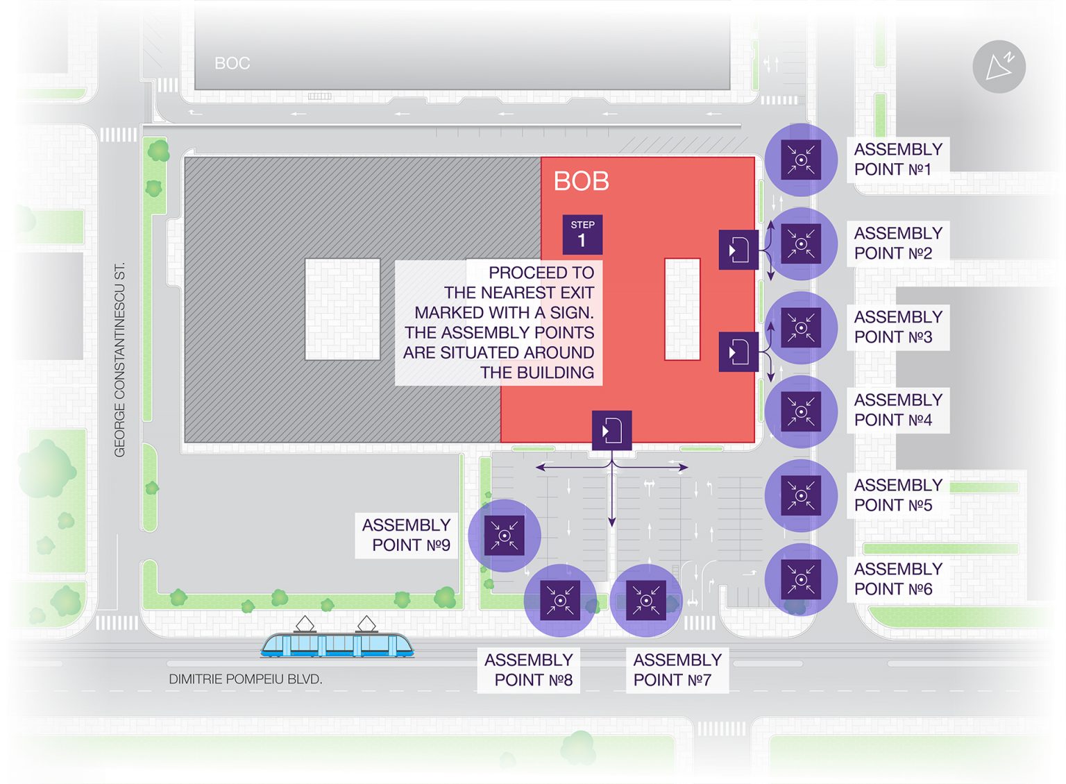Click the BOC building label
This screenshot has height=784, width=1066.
(x=232, y=63)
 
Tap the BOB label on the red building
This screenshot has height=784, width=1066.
(x=581, y=181)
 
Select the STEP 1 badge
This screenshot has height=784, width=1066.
(x=582, y=235)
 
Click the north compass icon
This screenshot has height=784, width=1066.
(x=999, y=67)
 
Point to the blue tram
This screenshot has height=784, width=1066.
(x=337, y=638)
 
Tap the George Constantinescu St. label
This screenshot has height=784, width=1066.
(x=119, y=359)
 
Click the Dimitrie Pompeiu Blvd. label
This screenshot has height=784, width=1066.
(x=246, y=679)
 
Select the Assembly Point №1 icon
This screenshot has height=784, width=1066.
(x=801, y=160)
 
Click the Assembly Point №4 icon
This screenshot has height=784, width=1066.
(x=801, y=411)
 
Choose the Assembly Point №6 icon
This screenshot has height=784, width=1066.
(x=801, y=579)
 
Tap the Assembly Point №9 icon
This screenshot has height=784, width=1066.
(x=505, y=536)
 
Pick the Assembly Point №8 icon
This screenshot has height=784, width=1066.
(x=560, y=600)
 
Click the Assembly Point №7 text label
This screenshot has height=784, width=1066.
(x=677, y=670)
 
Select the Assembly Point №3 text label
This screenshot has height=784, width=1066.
(x=898, y=327)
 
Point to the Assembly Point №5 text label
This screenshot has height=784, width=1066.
(x=898, y=495)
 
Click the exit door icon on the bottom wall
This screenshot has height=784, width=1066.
(x=611, y=431)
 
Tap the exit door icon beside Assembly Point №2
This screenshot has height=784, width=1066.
(x=738, y=250)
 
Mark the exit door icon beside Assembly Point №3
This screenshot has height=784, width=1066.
(x=738, y=352)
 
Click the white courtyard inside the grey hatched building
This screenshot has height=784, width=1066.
(x=343, y=309)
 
